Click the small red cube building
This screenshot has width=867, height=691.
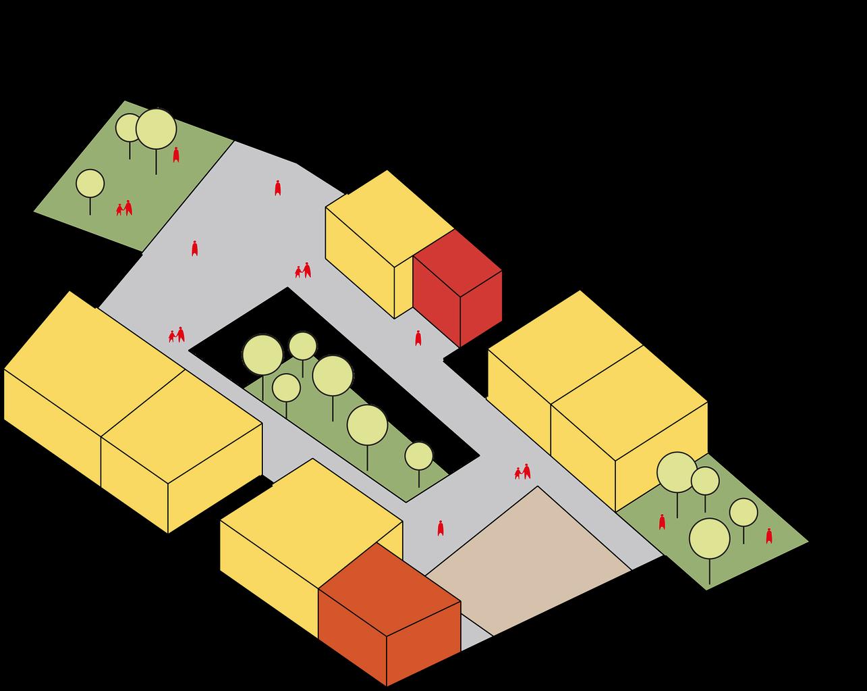(x=457, y=287)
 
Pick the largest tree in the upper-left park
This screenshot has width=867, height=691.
(x=156, y=129)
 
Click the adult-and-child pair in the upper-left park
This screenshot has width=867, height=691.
(x=124, y=208)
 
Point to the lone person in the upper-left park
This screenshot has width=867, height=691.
(x=176, y=155)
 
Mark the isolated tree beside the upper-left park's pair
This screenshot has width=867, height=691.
(x=90, y=183)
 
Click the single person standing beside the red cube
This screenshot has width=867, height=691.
(x=418, y=338)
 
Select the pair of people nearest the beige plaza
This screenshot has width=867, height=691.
(x=522, y=471)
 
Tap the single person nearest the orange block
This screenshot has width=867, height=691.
(x=441, y=528)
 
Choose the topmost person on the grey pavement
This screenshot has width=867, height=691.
(x=277, y=188)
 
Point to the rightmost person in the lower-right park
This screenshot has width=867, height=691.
(x=768, y=536)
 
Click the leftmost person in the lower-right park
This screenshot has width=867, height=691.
(x=662, y=521)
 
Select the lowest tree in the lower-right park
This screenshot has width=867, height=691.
(x=709, y=538)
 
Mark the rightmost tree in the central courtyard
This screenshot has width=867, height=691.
(x=418, y=456)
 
